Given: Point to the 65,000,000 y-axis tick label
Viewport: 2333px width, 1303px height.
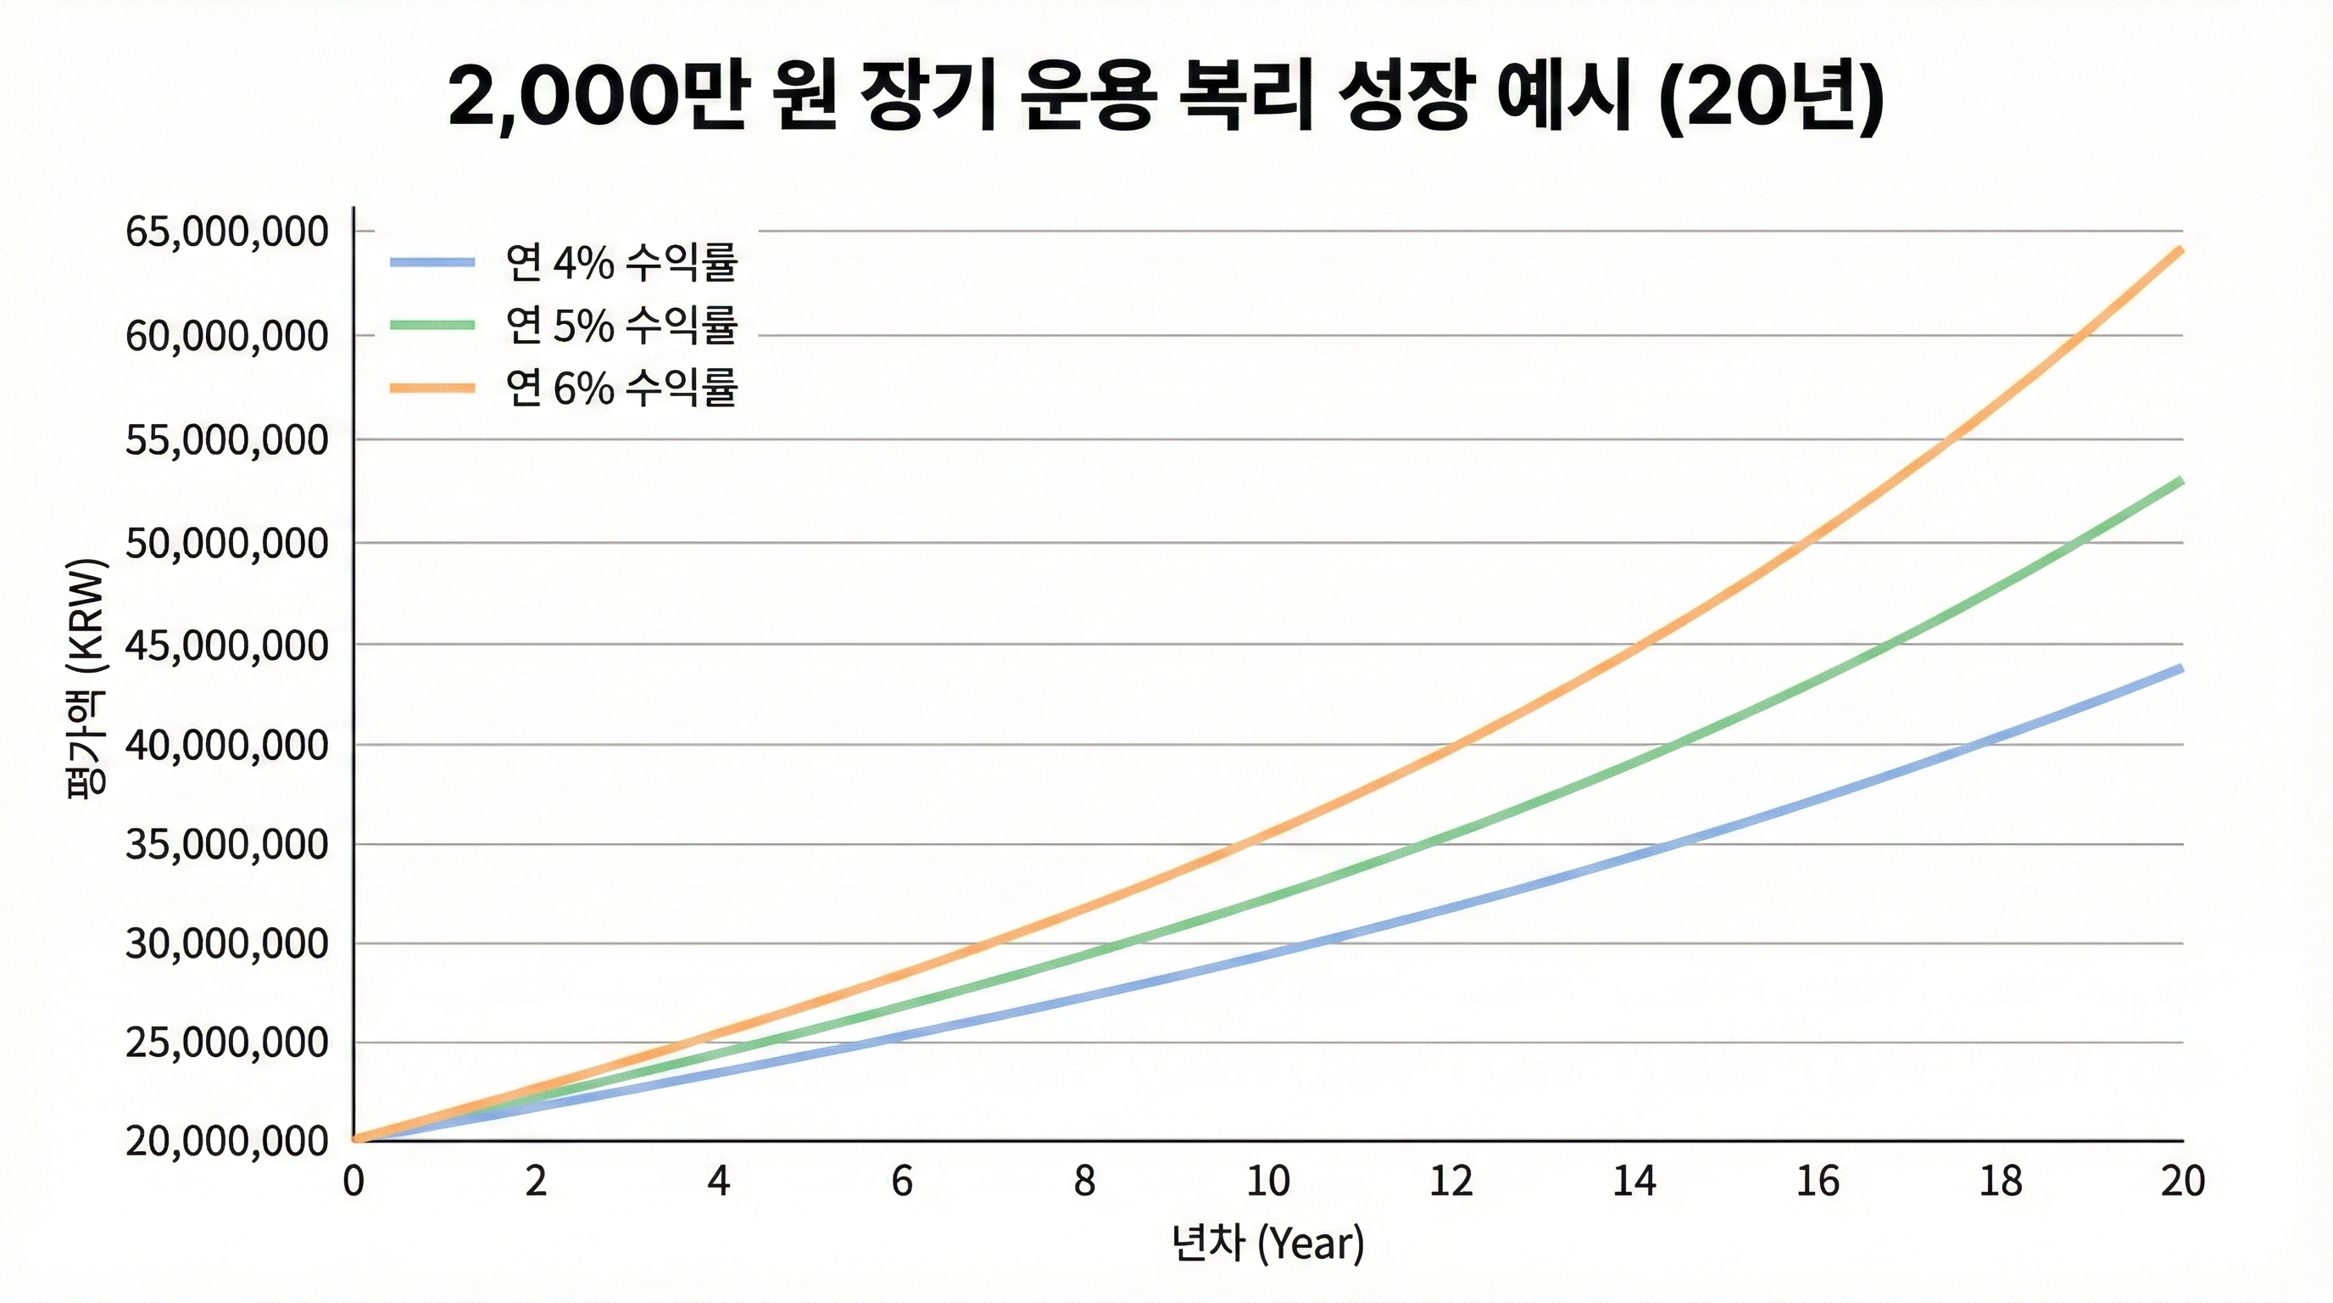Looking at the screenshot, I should tap(226, 232).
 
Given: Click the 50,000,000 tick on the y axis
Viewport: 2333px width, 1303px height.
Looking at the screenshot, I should tap(226, 544).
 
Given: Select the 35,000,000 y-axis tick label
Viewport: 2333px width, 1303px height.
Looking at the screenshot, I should tap(226, 845).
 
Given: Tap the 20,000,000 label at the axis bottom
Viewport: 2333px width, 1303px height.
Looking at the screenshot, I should tap(226, 1142).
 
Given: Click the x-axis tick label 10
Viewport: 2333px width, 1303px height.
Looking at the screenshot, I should tap(1268, 1182).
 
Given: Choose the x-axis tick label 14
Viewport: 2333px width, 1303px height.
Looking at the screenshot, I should tap(1634, 1182).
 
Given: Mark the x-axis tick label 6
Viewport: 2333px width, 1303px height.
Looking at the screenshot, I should tap(902, 1182).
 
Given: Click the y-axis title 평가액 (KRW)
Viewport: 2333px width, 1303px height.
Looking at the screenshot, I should tap(87, 678).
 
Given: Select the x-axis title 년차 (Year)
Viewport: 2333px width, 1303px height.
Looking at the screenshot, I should tap(1268, 1244).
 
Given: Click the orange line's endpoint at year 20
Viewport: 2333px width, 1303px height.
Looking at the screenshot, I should tap(2181, 249).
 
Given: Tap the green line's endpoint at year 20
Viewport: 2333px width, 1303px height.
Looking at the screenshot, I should tap(2181, 480).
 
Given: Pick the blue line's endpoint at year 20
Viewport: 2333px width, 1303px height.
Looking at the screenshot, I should tap(2181, 668).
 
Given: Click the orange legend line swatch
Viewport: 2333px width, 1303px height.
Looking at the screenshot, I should tap(432, 388).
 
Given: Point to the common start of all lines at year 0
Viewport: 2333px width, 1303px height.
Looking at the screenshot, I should tap(355, 1139).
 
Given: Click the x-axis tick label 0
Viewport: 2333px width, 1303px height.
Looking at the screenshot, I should tap(354, 1182).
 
